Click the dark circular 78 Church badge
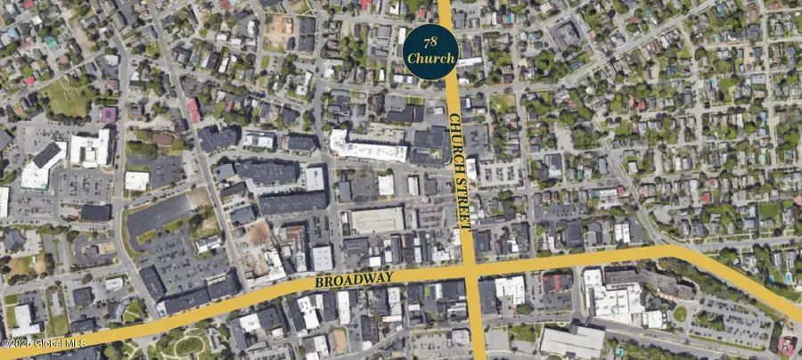tap(430, 51)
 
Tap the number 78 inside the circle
tap(430, 41)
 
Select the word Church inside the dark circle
tap(430, 59)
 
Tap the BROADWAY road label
tap(353, 280)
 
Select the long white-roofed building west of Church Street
tap(368, 147)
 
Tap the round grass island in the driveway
tap(681, 314)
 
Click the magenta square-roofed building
tap(109, 115)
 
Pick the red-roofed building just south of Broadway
tap(557, 282)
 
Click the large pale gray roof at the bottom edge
tap(572, 341)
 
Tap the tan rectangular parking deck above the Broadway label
tap(377, 220)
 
